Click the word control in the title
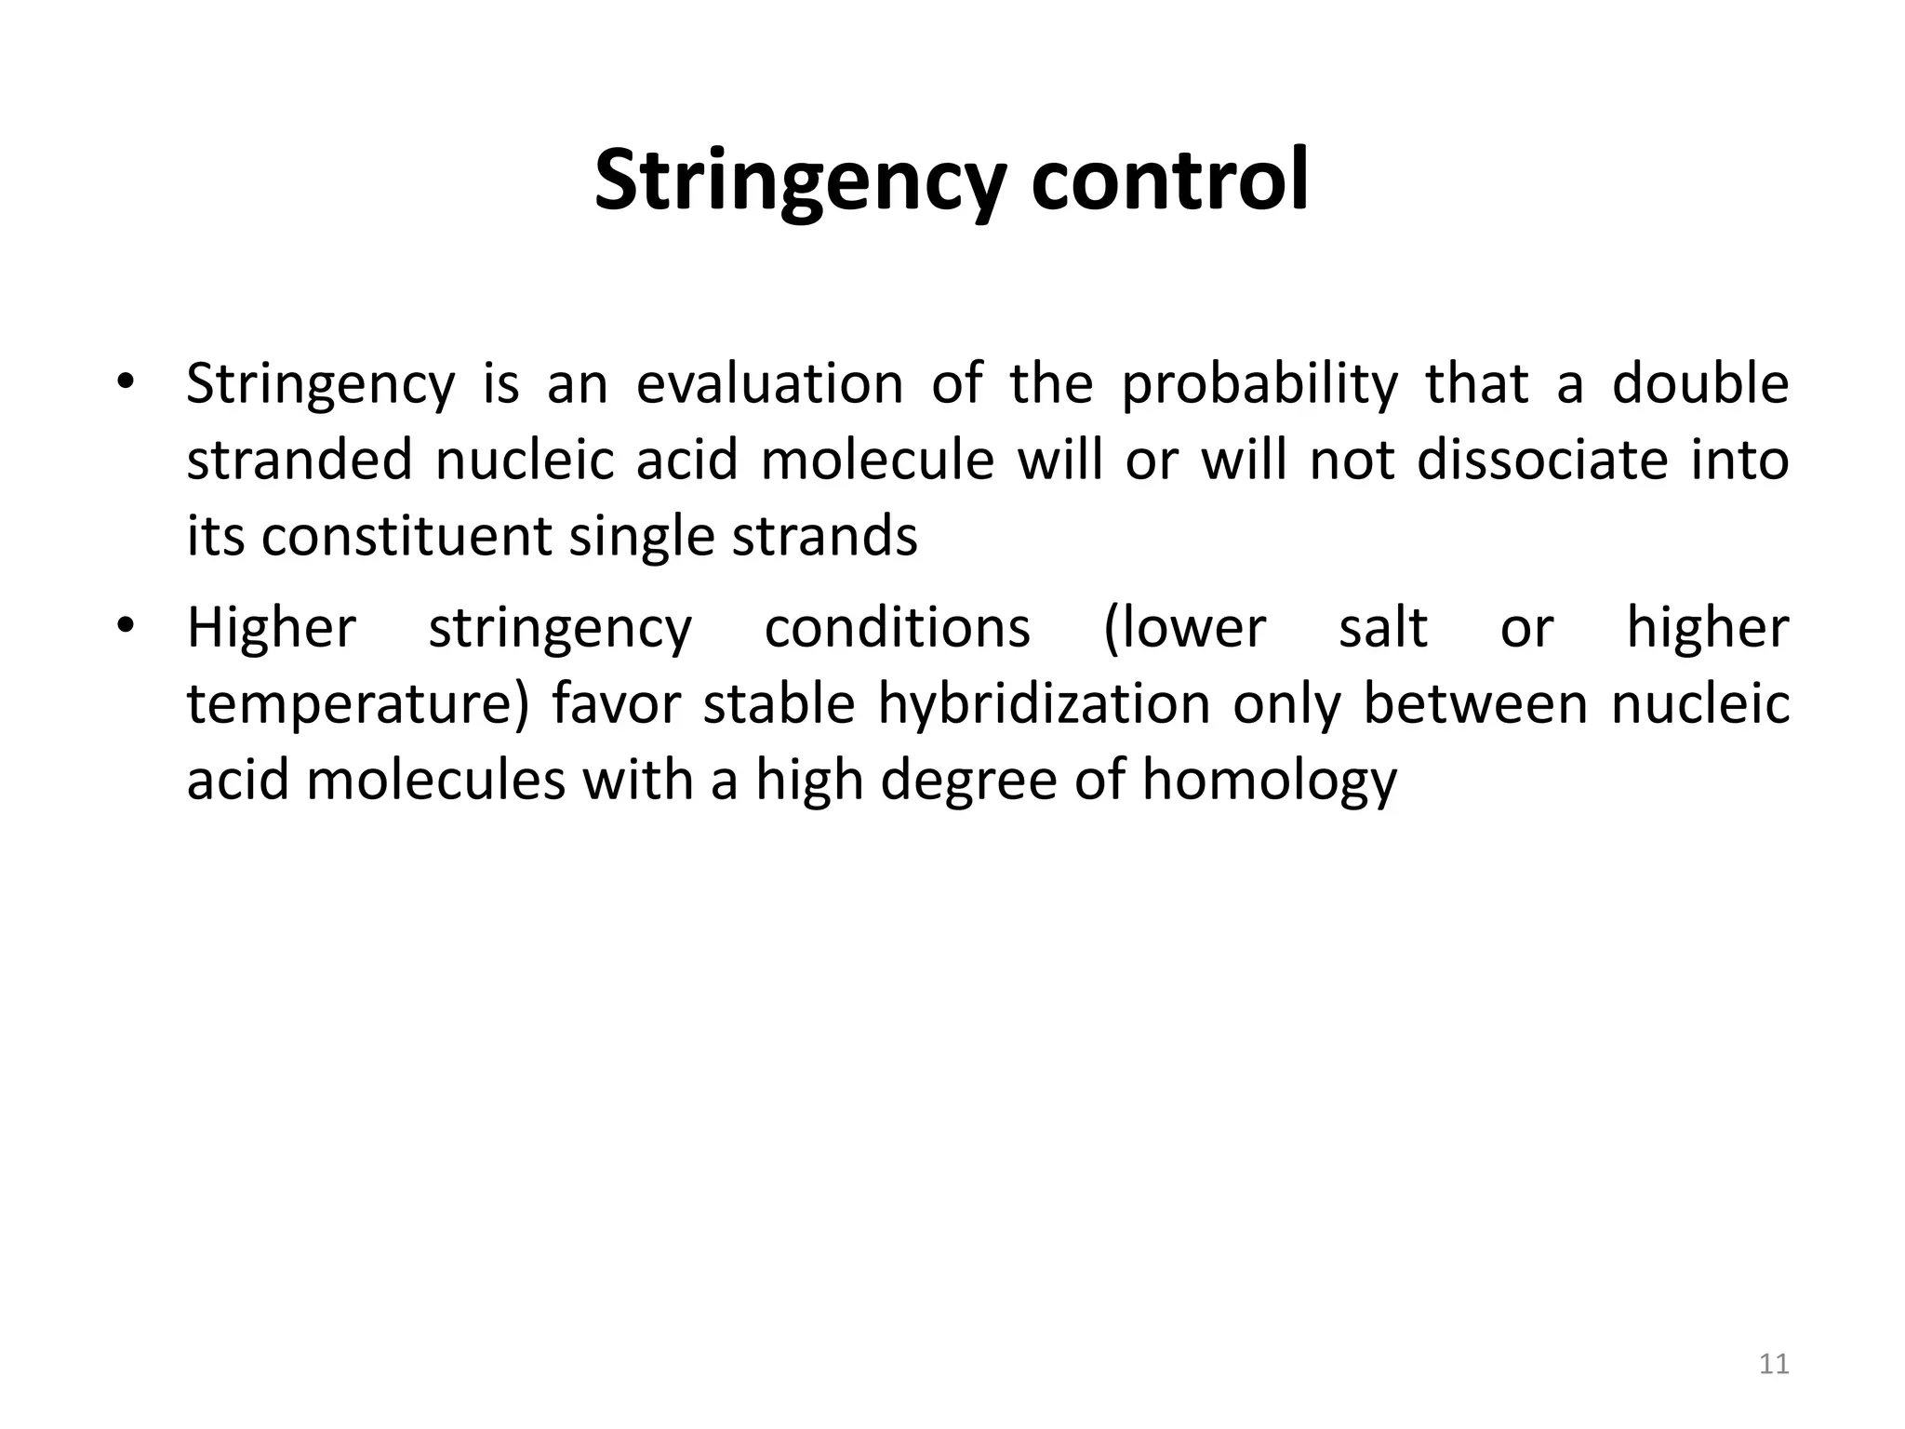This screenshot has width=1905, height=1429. click(1169, 180)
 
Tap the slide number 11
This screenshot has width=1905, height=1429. click(1774, 1364)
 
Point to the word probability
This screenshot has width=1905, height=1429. click(1259, 385)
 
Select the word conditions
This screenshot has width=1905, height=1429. click(897, 627)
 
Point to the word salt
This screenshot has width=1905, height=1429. click(1382, 627)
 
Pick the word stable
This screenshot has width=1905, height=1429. click(779, 703)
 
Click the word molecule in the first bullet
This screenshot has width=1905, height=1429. click(877, 460)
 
